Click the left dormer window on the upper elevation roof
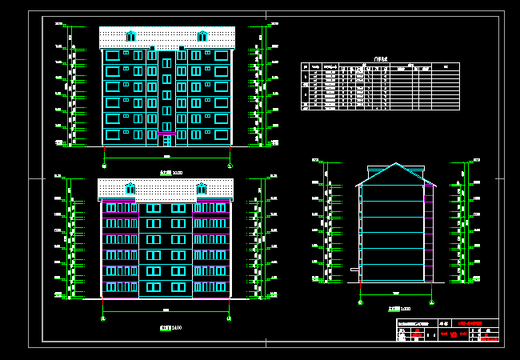(x=130, y=36)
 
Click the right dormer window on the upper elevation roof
(x=202, y=36)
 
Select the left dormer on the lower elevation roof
(x=130, y=189)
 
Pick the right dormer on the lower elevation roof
(x=202, y=189)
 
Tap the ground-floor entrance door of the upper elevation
(x=167, y=141)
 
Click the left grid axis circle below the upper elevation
(x=104, y=165)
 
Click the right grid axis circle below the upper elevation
(x=230, y=165)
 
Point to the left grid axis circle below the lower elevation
(x=103, y=318)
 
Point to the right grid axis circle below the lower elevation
(x=229, y=318)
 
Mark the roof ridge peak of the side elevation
(x=396, y=164)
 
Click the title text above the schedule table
(x=380, y=59)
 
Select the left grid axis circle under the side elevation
(x=361, y=302)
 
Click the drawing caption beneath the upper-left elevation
(x=171, y=172)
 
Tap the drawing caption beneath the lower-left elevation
(x=170, y=327)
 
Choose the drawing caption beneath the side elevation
(x=399, y=309)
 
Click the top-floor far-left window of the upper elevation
(x=113, y=55)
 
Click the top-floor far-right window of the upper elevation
(x=221, y=55)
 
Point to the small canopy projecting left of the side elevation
(x=354, y=270)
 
